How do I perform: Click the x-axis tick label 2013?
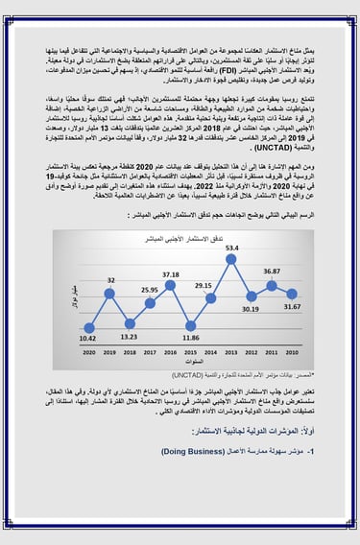click(235, 352)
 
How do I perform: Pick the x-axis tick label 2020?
click(88, 352)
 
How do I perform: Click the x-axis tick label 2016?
click(172, 352)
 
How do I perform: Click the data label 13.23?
click(129, 337)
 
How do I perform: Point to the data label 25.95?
click(150, 290)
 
